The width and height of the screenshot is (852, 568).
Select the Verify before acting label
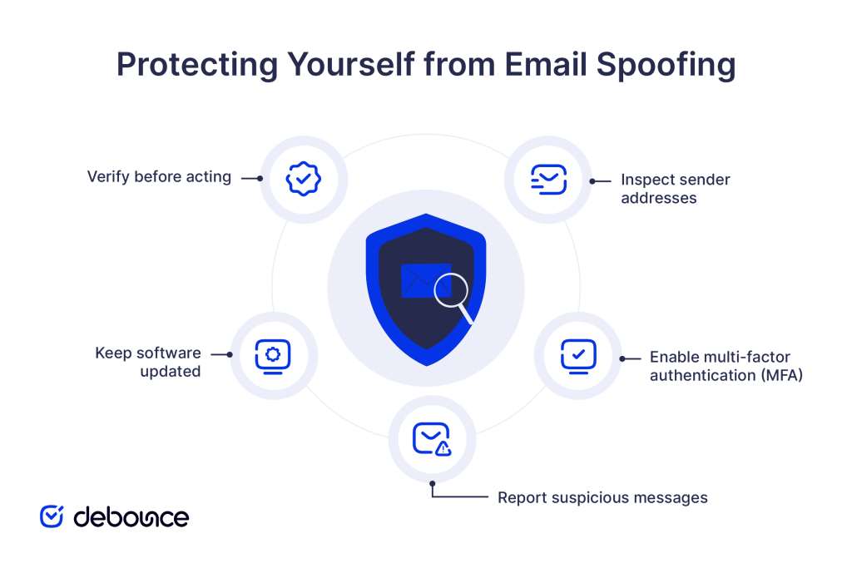[159, 176]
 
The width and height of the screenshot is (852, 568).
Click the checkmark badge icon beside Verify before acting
[303, 179]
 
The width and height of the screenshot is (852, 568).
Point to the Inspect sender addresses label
[675, 189]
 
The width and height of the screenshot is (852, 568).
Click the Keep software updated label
[148, 362]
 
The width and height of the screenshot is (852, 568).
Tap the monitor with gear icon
[273, 355]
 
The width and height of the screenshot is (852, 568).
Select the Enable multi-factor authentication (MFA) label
[726, 366]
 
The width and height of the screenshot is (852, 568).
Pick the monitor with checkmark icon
[578, 355]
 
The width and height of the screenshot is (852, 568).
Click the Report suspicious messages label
[602, 497]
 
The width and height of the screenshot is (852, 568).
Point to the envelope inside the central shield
[421, 281]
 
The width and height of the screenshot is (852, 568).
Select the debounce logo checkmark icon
[52, 516]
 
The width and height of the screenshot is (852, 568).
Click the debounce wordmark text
[131, 516]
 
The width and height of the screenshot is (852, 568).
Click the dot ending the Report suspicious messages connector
[432, 483]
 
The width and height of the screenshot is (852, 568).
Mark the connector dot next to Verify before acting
[260, 177]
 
